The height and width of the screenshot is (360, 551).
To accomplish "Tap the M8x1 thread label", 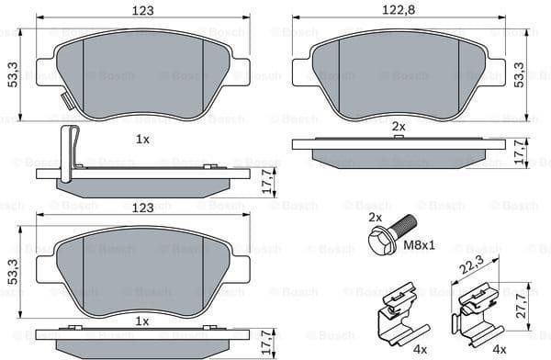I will coord(421,247).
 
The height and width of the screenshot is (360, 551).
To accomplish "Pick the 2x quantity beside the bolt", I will coord(374,218).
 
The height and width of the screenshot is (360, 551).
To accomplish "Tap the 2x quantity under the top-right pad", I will coord(399,125).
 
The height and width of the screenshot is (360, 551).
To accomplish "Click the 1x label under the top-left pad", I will coord(142,139).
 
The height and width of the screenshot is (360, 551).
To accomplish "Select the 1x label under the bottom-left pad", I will coord(142,321).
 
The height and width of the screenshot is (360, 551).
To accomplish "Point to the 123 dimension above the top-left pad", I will coord(142,10).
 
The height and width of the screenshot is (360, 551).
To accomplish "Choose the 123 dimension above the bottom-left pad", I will coord(142,208).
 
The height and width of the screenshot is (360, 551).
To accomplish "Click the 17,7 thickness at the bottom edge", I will coord(267,343).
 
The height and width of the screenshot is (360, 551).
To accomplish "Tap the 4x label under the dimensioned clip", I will coord(499,350).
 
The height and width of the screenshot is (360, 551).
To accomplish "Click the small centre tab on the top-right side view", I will coord(399,137).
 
